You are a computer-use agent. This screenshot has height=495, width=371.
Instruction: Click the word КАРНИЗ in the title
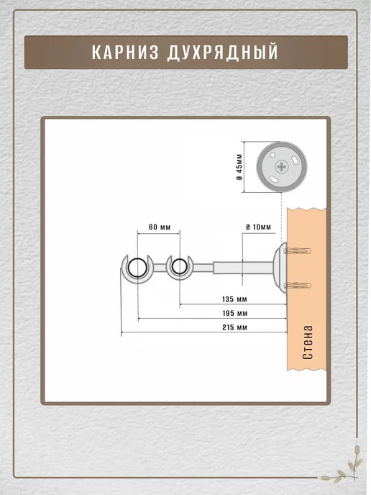(x=125, y=52)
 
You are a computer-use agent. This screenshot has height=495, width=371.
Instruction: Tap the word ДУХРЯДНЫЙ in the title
(x=222, y=52)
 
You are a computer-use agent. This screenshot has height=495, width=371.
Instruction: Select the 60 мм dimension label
(x=160, y=227)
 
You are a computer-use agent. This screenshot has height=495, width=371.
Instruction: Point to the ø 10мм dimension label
(x=258, y=227)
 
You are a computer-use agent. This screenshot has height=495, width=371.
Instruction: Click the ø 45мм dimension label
(x=239, y=167)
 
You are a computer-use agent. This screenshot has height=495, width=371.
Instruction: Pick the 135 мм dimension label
(x=234, y=299)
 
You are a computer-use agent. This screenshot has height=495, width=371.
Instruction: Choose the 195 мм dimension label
(x=234, y=313)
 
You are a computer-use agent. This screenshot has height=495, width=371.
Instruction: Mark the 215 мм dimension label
(x=234, y=327)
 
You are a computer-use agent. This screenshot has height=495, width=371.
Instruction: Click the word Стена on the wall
(x=308, y=342)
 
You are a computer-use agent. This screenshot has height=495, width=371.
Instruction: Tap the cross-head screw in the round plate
(x=281, y=166)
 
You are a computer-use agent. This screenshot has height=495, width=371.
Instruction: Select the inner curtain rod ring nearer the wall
(x=179, y=267)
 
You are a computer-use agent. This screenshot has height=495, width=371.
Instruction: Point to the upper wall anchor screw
(x=297, y=251)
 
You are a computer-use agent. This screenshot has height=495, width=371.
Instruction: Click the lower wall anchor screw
(x=297, y=286)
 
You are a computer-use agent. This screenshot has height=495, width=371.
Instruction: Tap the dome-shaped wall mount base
(x=280, y=268)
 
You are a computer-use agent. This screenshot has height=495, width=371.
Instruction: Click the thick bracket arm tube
(x=243, y=268)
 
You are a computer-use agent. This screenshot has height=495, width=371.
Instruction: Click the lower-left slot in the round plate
(x=273, y=179)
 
